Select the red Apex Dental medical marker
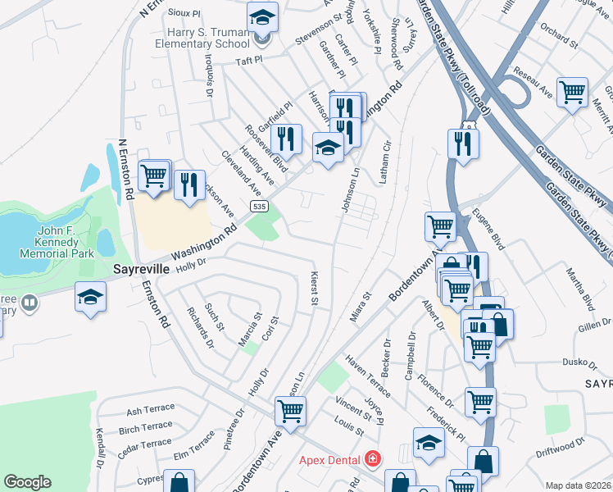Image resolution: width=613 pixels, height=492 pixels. pos(374,458)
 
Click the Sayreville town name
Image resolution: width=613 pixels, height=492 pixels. pos(140,269)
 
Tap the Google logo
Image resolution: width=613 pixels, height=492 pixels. pos(27,482)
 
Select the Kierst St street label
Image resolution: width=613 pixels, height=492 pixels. pos(313,289)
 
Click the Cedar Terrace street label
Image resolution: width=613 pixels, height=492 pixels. pos(145,446)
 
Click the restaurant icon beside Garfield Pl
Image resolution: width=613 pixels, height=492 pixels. pos(286,139)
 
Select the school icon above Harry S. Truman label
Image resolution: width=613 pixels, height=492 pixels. pos(262,16)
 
